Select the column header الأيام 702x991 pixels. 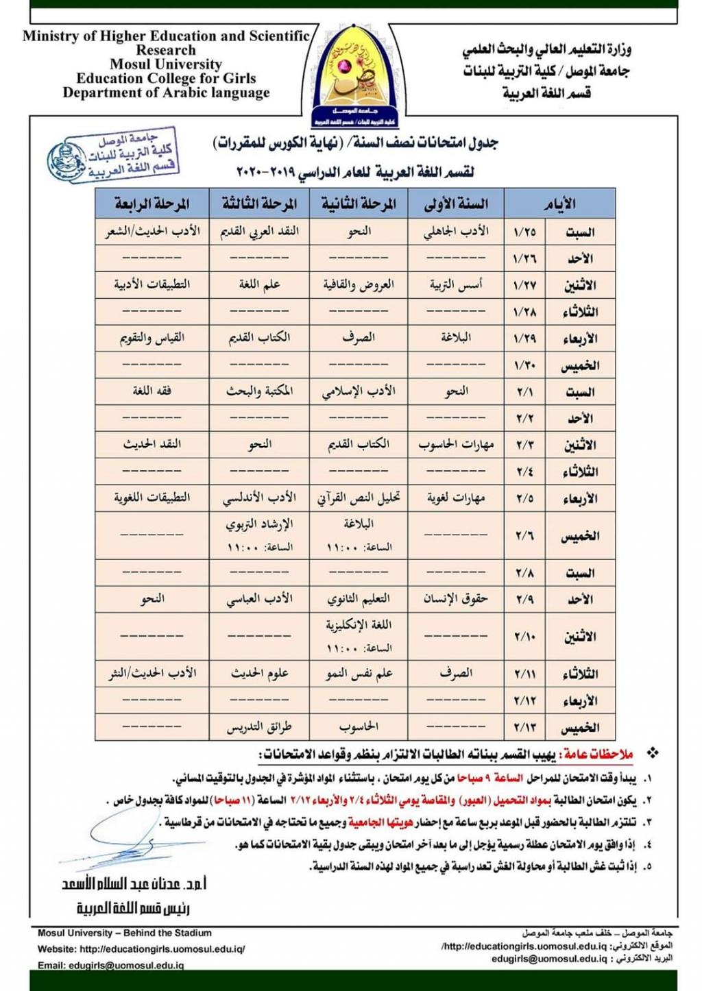tap(559, 204)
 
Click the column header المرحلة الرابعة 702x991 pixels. tap(152, 204)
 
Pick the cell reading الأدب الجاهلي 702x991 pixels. tap(456, 231)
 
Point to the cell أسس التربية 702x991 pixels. tap(456, 284)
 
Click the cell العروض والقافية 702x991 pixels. tap(359, 284)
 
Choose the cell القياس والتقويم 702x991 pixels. tap(152, 338)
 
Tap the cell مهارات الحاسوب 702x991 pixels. tap(456, 444)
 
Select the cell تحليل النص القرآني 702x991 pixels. tap(359, 498)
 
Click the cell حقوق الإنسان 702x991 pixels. tap(456, 598)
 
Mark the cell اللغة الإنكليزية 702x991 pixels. tap(359, 625)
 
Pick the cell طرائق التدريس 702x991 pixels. tap(259, 726)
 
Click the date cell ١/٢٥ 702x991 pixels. tap(524, 232)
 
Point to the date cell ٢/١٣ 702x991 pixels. tap(524, 727)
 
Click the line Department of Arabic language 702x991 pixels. tap(166, 93)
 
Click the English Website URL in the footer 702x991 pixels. tap(141, 949)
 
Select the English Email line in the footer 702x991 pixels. tap(110, 965)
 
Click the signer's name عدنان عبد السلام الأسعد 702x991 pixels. tap(134, 884)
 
